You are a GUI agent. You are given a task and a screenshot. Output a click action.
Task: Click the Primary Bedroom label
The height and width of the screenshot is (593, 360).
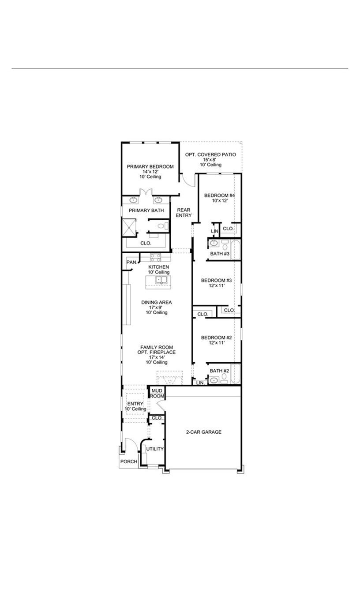pyautogui.click(x=150, y=166)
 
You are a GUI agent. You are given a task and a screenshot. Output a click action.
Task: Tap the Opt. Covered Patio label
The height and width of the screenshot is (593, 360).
pyautogui.click(x=210, y=154)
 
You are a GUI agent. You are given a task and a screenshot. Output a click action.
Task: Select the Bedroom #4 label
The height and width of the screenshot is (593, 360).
pyautogui.click(x=219, y=195)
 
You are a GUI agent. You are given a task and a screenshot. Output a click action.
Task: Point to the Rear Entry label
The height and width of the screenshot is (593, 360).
pyautogui.click(x=184, y=213)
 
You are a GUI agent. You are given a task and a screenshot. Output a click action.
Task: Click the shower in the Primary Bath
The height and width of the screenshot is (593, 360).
pyautogui.click(x=129, y=227)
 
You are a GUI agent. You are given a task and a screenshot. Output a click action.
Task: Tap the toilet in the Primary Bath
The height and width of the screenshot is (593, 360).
pyautogui.click(x=162, y=226)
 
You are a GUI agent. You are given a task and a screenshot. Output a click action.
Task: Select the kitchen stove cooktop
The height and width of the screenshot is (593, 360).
pyautogui.click(x=155, y=258)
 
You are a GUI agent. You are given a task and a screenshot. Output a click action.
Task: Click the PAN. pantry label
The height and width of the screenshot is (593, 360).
pyautogui.click(x=132, y=263)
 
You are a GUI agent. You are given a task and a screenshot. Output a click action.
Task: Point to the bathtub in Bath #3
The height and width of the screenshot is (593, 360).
pyautogui.click(x=235, y=250)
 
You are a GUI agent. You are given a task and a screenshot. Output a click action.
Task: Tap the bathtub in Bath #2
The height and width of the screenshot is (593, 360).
pyautogui.click(x=235, y=374)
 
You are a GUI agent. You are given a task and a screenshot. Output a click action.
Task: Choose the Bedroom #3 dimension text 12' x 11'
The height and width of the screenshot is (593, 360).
pyautogui.click(x=217, y=285)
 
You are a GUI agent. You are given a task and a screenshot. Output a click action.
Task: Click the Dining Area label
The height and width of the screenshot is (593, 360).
pyautogui.click(x=157, y=302)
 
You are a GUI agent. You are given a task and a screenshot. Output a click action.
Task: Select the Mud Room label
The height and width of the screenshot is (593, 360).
pyautogui.click(x=157, y=394)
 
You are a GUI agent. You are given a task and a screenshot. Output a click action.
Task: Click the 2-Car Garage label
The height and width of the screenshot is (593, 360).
pyautogui.click(x=203, y=432)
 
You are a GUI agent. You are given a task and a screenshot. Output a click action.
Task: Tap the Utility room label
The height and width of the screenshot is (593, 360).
pyautogui.click(x=155, y=449)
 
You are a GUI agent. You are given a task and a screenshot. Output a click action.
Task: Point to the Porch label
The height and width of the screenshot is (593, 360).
pyautogui.click(x=129, y=462)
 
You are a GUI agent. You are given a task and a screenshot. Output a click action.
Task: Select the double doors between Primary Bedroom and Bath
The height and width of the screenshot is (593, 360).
pyautogui.click(x=146, y=192)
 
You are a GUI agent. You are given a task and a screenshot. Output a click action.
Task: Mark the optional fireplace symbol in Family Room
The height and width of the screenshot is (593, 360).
pyautogui.click(x=170, y=378)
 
